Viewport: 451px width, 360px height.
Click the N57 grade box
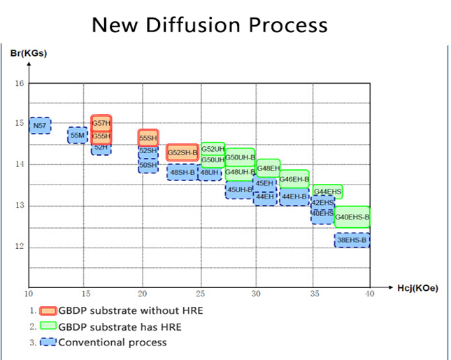click(x=40, y=125)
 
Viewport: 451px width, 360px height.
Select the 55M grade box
click(x=78, y=135)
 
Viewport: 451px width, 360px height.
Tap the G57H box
click(x=101, y=123)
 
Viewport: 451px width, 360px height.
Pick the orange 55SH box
click(x=148, y=138)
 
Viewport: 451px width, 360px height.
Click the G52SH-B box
click(x=183, y=152)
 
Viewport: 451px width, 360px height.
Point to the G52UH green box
click(x=213, y=149)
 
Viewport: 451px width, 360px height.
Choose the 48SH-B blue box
click(x=182, y=172)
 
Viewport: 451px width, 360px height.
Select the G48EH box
click(x=269, y=168)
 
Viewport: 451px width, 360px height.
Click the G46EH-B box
click(x=294, y=179)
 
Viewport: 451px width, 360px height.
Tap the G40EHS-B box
click(x=352, y=217)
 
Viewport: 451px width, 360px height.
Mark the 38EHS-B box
click(x=352, y=240)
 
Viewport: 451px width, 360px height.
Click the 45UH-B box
click(x=239, y=189)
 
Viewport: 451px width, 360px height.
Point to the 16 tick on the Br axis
click(x=20, y=84)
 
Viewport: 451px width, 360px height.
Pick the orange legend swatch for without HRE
click(x=48, y=310)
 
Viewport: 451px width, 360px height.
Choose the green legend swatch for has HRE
click(x=48, y=326)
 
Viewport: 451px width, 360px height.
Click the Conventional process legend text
click(x=113, y=342)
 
